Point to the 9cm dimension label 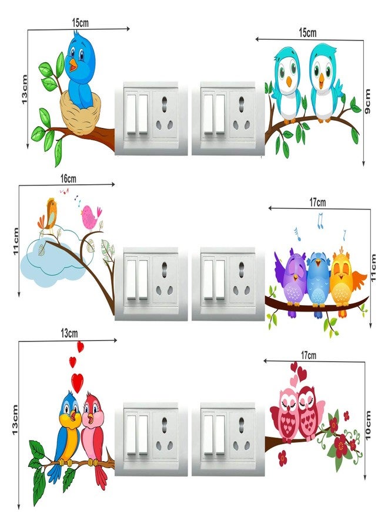368,101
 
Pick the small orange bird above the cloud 49,214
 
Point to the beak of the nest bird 73,65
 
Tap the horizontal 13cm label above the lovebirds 69,334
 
